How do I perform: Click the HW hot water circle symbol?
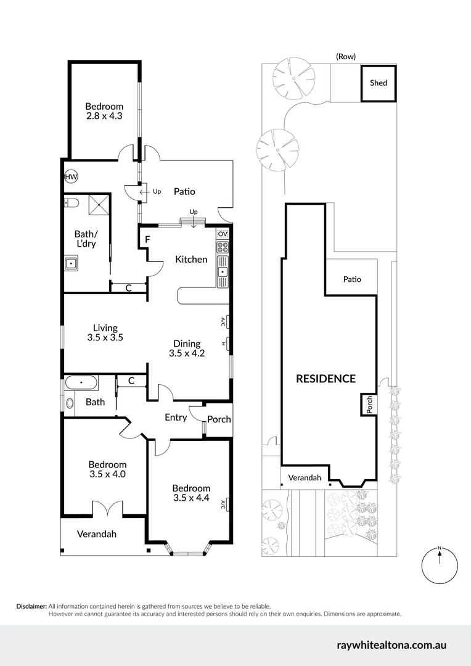pyautogui.click(x=72, y=177)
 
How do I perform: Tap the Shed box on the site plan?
pyautogui.click(x=378, y=83)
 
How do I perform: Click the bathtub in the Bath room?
pyautogui.click(x=81, y=383)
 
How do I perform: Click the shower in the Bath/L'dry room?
pyautogui.click(x=99, y=204)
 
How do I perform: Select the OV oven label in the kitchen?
pyautogui.click(x=223, y=234)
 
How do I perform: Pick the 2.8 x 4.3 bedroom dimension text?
pyautogui.click(x=104, y=115)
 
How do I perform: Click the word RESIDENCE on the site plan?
pyautogui.click(x=326, y=379)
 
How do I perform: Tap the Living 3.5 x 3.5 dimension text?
pyautogui.click(x=105, y=337)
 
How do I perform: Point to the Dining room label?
pyautogui.click(x=187, y=343)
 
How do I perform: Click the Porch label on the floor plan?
pyautogui.click(x=219, y=419)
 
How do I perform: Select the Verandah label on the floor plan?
pyautogui.click(x=96, y=534)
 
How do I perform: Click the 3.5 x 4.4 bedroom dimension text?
pyautogui.click(x=191, y=497)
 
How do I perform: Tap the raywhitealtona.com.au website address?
pyautogui.click(x=391, y=645)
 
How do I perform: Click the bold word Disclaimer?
pyautogui.click(x=31, y=606)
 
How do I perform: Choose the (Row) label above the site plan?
pyautogui.click(x=346, y=56)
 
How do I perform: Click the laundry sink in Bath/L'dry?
pyautogui.click(x=72, y=264)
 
